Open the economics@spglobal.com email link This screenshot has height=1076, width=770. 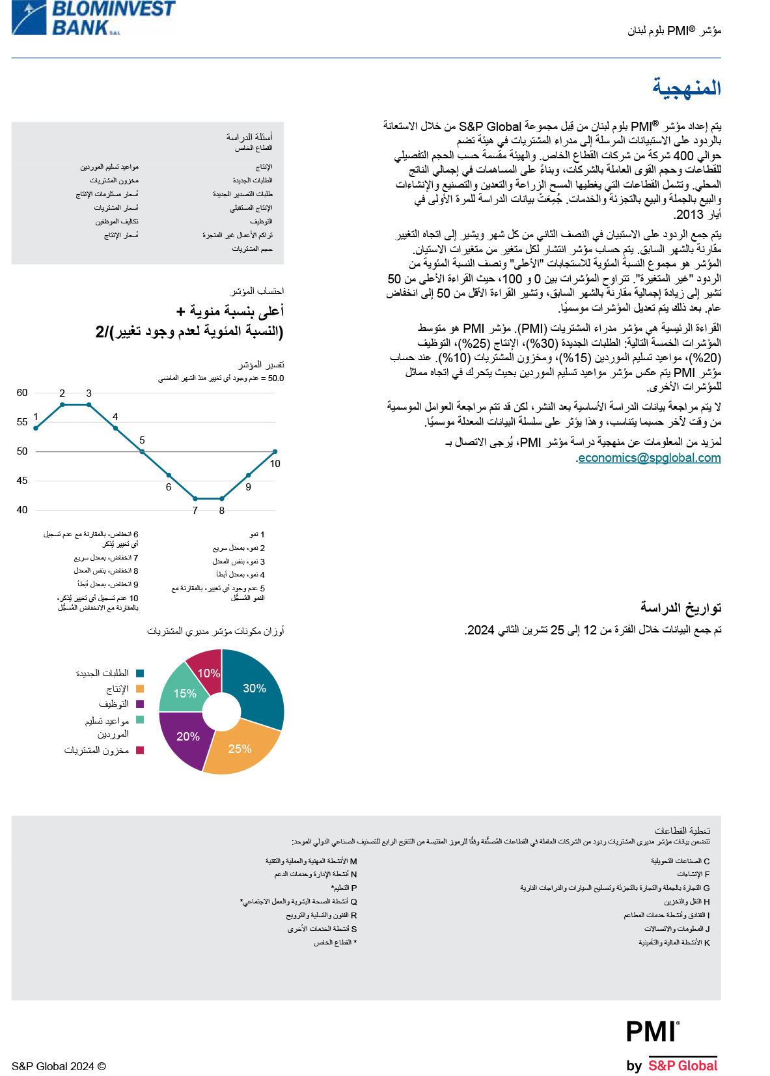650,458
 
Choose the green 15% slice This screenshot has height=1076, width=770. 184,693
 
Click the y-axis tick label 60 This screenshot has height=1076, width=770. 22,393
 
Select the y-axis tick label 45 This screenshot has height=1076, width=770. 22,481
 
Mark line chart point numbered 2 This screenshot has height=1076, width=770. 62,404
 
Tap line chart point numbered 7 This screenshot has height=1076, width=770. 195,499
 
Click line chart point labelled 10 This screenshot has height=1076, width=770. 275,451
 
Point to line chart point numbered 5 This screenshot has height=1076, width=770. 142,451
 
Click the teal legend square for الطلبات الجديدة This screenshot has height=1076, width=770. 140,673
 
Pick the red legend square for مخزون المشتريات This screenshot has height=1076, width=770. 140,750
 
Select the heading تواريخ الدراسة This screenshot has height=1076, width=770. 681,608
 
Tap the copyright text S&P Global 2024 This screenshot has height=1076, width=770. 59,1066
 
